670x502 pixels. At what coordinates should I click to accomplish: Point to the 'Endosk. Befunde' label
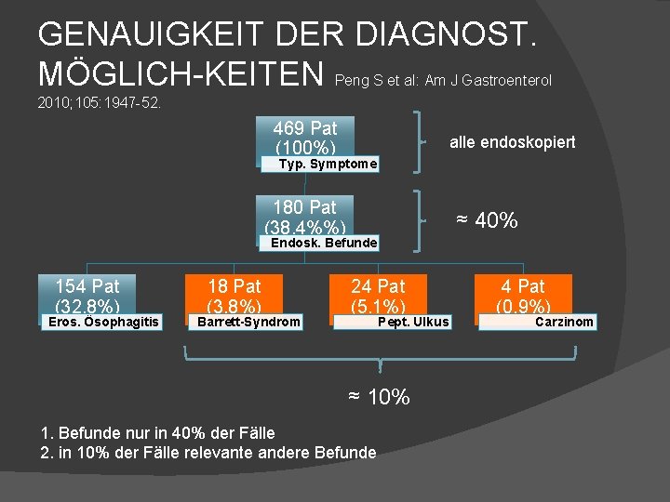coord(323,244)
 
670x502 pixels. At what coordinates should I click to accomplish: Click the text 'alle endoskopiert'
coord(512,142)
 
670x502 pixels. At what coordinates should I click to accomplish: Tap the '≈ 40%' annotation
coord(486,220)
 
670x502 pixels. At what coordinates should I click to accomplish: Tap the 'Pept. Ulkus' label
coord(413,323)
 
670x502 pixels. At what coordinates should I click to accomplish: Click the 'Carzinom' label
coord(564,323)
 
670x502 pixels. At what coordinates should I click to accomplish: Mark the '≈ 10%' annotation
coord(379,397)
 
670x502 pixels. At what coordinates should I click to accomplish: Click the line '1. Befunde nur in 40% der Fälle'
coord(158,432)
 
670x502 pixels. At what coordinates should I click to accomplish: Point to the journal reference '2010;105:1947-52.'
coord(100,102)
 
